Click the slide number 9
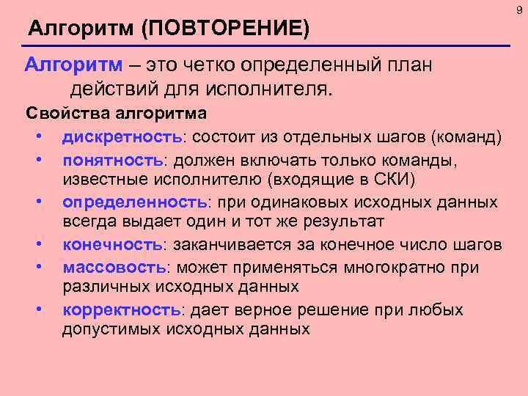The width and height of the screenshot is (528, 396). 519,10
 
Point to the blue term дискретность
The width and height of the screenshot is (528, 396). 121,137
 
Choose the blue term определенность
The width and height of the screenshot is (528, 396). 135,202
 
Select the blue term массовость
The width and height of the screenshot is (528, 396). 114,266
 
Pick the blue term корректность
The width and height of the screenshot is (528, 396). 121,309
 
